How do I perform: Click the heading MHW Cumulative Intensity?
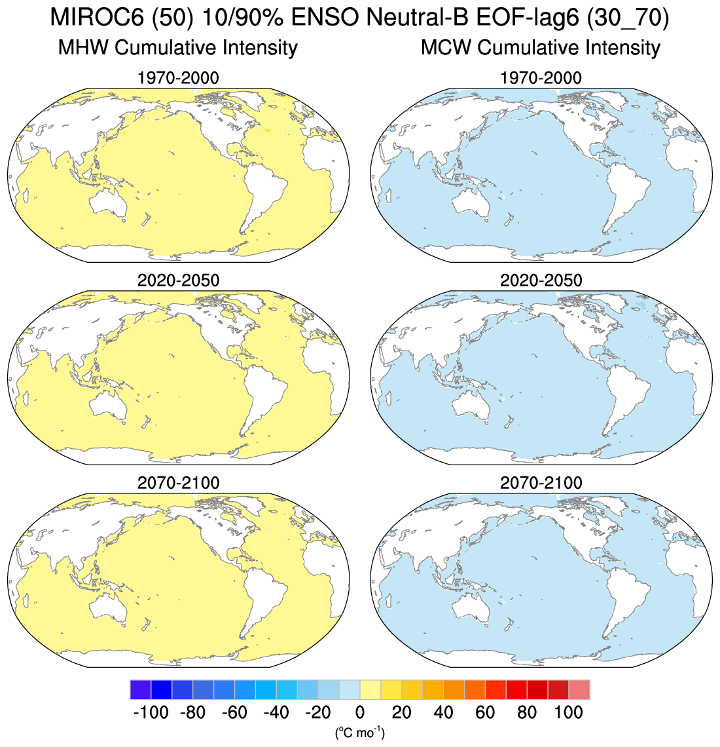(178, 48)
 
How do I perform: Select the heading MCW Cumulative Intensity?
(541, 48)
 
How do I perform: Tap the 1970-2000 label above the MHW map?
(178, 79)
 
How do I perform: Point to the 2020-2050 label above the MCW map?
(541, 280)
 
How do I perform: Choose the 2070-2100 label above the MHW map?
(178, 484)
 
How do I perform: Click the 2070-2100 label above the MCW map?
(541, 484)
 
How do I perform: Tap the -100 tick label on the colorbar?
(151, 712)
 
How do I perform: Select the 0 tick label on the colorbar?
(359, 712)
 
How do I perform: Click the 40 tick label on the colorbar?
(443, 712)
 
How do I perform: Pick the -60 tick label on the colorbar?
(234, 712)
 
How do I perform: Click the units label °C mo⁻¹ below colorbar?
(359, 732)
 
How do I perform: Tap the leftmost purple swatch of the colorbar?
(141, 690)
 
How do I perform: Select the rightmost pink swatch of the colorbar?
(579, 690)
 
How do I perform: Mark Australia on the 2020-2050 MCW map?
(473, 404)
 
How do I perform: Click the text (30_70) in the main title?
(628, 18)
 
